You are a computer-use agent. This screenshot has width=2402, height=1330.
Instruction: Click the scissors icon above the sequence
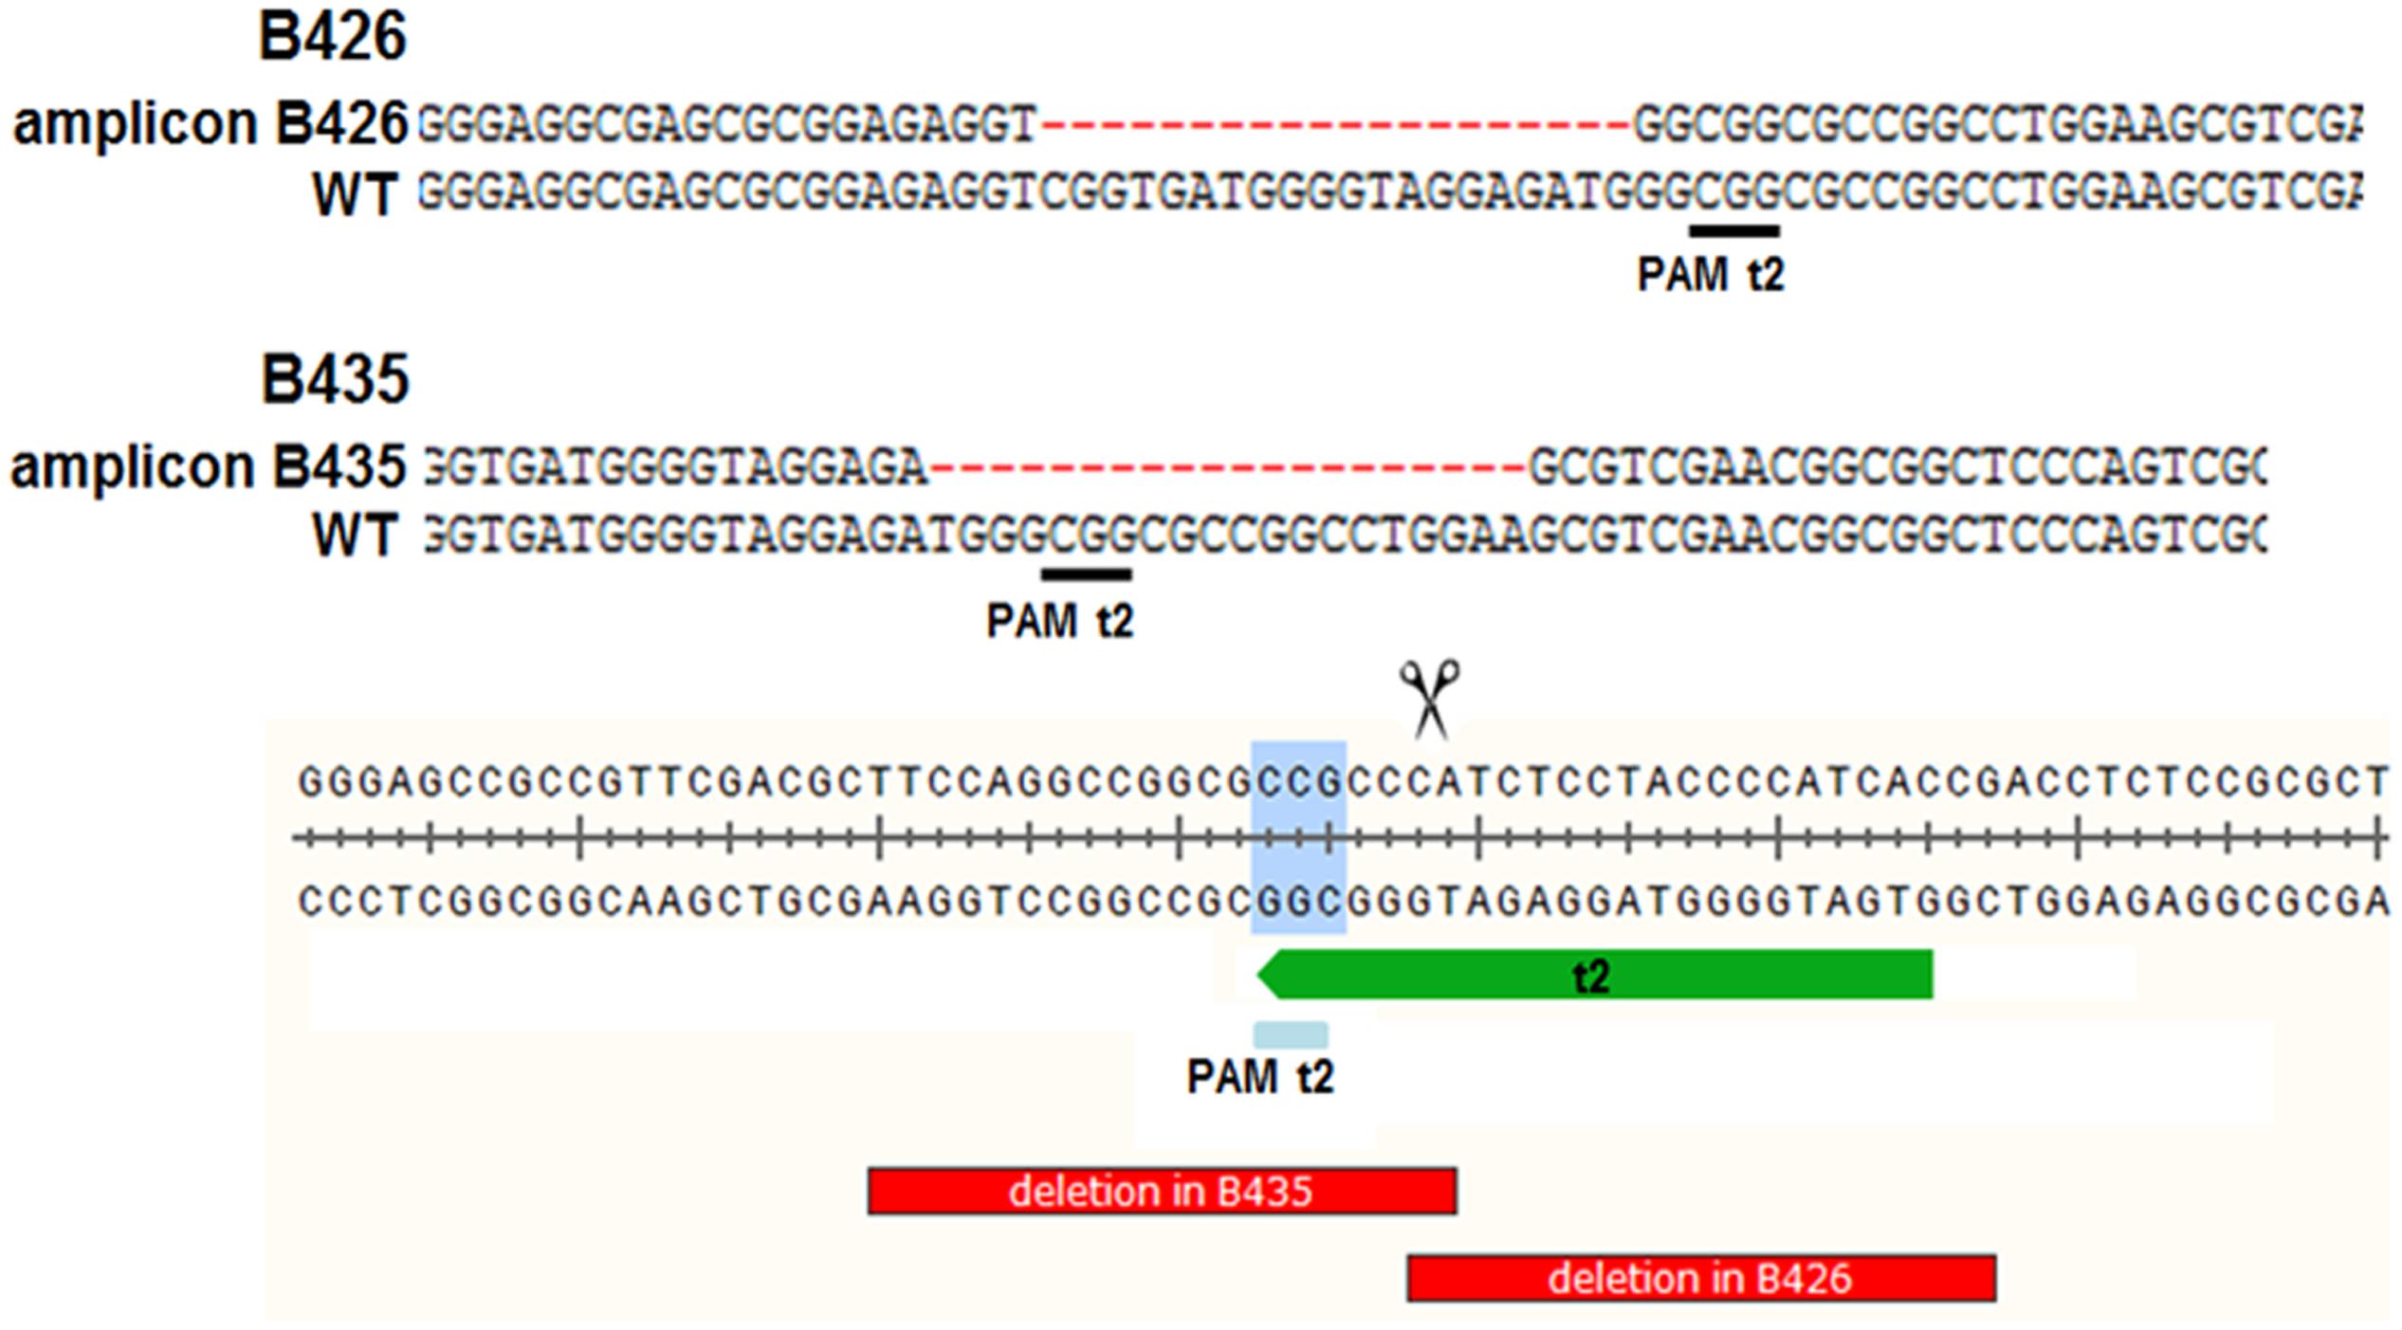pos(1430,699)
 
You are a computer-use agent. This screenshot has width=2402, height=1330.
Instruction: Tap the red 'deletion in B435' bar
pos(1162,1191)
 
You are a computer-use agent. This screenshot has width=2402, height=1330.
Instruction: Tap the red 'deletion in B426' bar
pos(1701,1278)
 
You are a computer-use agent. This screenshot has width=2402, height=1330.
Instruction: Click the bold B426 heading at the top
pos(333,37)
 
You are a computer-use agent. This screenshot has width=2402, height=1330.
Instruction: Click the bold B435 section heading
pos(335,379)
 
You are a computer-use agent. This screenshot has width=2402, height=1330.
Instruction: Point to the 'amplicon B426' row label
pos(210,124)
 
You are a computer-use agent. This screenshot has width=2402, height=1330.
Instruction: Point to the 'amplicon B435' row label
pos(208,467)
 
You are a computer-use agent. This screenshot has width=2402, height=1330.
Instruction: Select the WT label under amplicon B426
pos(354,195)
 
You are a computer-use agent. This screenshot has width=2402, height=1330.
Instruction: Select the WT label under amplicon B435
pos(354,537)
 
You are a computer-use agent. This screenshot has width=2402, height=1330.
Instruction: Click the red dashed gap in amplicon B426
pos(1335,124)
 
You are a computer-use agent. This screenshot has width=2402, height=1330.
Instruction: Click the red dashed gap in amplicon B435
pos(1228,467)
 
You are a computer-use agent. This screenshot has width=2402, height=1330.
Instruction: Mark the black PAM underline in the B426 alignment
pos(1733,230)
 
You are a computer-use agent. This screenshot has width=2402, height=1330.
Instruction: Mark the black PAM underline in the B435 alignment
pos(1086,574)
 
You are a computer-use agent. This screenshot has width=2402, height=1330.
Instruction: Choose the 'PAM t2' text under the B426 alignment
pos(1711,275)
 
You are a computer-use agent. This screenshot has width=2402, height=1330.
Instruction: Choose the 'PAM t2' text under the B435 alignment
pos(1060,622)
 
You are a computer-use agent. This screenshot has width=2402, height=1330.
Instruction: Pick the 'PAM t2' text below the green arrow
pos(1260,1077)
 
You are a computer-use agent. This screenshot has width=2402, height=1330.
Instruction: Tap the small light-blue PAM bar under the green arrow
pos(1291,1034)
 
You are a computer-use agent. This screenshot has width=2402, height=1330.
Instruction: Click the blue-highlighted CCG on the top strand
pos(1299,782)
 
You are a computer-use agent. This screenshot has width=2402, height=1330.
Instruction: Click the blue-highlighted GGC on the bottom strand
pos(1299,901)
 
